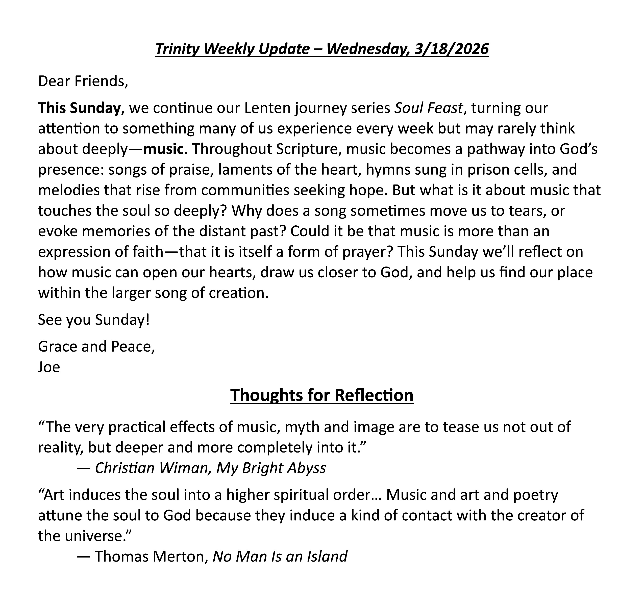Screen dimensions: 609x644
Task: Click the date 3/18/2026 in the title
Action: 451,49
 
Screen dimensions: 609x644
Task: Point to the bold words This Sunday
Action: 79,108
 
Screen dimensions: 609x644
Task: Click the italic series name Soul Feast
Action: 428,108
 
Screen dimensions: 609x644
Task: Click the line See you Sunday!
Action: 94,320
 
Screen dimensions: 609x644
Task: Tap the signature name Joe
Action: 49,367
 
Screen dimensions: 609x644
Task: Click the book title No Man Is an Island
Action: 280,557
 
